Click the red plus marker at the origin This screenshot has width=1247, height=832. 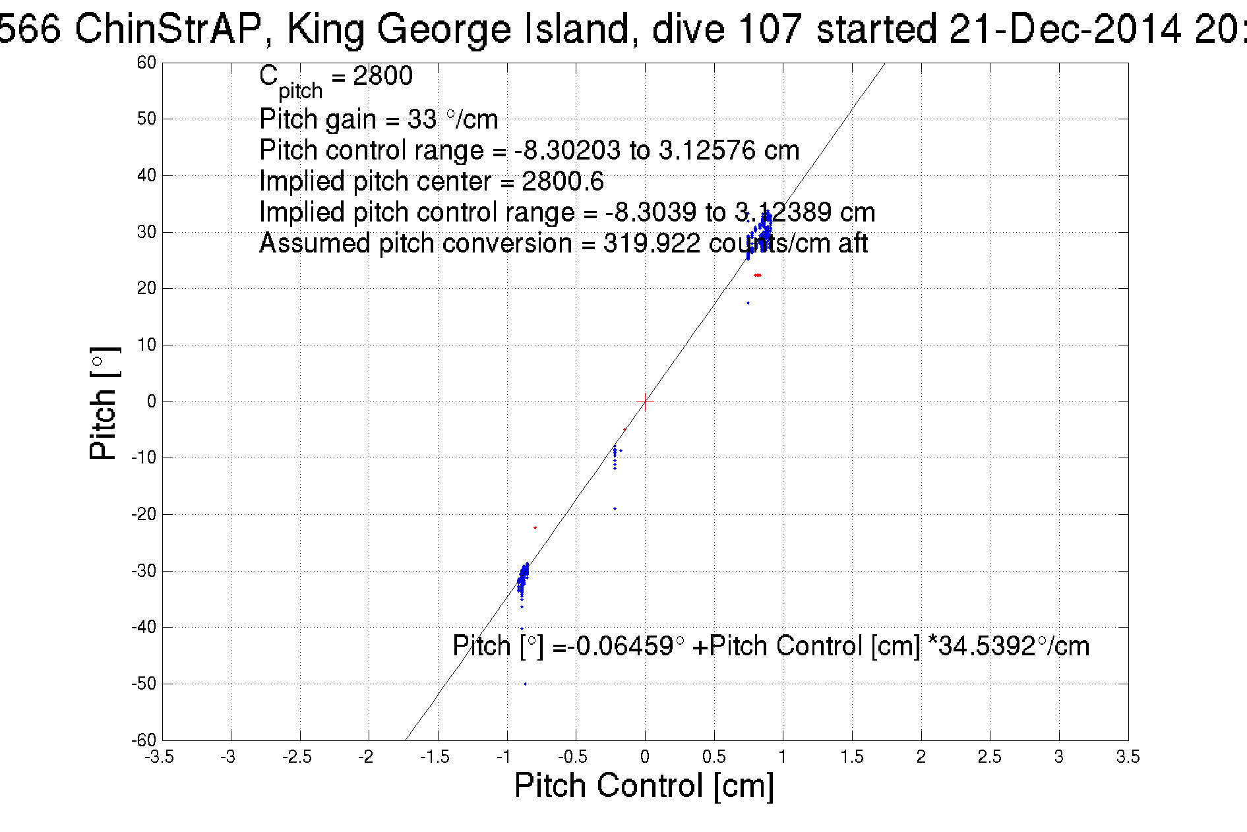coord(645,401)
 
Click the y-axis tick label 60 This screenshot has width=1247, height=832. coord(146,63)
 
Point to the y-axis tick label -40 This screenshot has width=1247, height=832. coord(143,628)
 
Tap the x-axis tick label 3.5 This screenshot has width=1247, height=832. coord(1128,757)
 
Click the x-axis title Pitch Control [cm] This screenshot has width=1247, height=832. coord(644,786)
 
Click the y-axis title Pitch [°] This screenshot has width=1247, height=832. coord(104,403)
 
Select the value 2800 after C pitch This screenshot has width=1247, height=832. coord(382,76)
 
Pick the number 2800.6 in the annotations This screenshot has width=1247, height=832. coord(563,181)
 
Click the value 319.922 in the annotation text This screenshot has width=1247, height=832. coord(652,244)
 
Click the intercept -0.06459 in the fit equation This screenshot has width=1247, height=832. coord(621,646)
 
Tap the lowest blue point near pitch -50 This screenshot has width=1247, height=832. coord(525,684)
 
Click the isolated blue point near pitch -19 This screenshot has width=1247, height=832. coord(615,508)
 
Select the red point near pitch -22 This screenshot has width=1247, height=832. coord(535,527)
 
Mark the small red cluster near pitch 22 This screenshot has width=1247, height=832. coord(758,275)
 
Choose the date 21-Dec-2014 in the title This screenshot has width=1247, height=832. coord(1065,29)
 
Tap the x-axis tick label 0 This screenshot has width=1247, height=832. coord(645,757)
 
